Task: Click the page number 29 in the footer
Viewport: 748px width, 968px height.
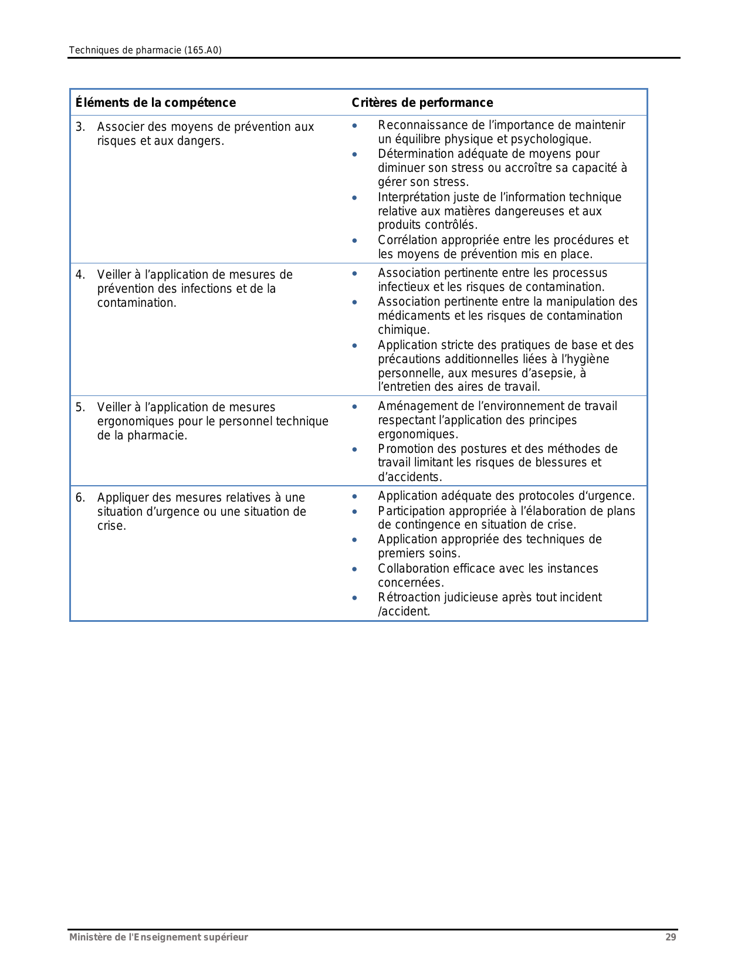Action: [671, 937]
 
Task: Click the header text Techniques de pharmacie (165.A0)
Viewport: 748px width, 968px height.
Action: [145, 50]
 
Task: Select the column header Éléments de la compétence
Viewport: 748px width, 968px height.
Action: [155, 103]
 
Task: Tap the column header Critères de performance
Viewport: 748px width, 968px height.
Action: [422, 103]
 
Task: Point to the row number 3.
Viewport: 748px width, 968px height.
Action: [80, 127]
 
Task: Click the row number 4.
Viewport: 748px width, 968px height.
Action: [80, 275]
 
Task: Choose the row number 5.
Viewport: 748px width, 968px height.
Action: [80, 407]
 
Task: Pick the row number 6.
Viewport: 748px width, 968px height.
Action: [80, 497]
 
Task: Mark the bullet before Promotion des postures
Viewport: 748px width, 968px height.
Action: [354, 450]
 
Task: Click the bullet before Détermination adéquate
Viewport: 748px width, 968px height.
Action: [354, 155]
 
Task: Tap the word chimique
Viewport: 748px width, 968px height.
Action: [404, 330]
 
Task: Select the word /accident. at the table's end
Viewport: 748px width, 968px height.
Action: [404, 611]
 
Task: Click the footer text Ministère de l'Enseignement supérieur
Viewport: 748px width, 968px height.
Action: [158, 937]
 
